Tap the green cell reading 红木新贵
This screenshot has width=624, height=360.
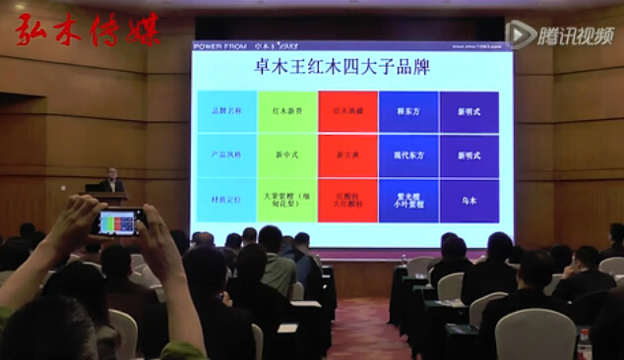pos(287,111)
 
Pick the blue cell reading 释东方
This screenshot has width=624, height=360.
pos(408,111)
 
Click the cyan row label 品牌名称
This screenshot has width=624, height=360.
pos(226,111)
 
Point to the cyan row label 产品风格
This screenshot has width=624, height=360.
pos(226,155)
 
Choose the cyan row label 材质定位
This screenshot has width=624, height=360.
pos(226,200)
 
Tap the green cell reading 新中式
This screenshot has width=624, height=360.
pos(287,155)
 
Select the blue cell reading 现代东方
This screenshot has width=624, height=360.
pos(408,155)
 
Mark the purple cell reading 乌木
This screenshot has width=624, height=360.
pos(469,200)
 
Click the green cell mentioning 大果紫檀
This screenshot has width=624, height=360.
pos(287,200)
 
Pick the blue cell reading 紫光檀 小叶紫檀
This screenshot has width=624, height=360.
pos(408,200)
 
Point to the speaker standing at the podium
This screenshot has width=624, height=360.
pos(112,181)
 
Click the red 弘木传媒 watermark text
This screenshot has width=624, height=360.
pos(87,30)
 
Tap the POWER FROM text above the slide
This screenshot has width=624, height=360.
pos(220,45)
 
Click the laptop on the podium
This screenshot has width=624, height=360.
pos(94,187)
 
